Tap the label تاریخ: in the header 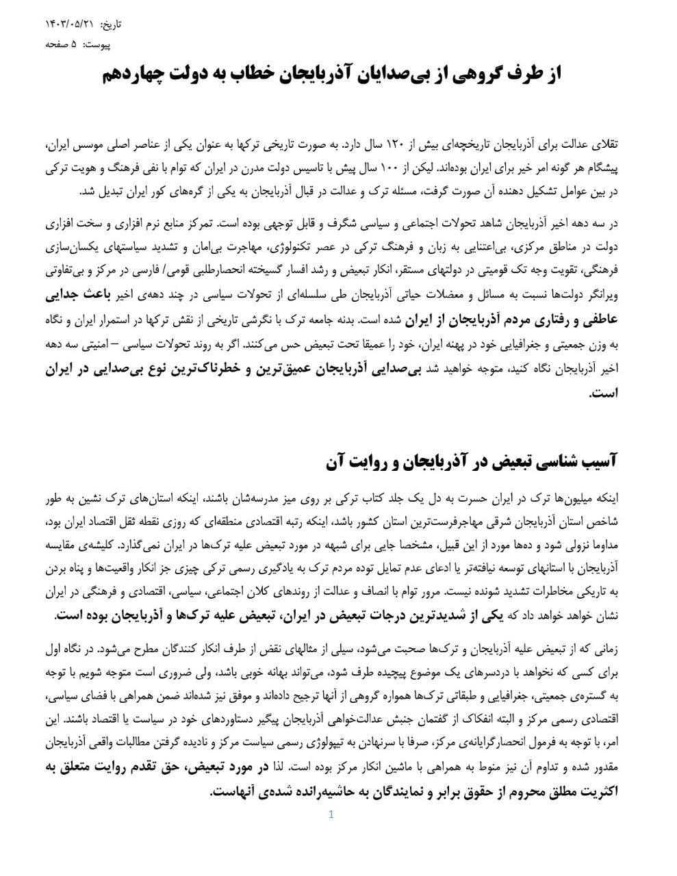point(110,25)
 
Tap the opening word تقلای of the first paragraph point(604,145)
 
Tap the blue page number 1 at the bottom point(331,814)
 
